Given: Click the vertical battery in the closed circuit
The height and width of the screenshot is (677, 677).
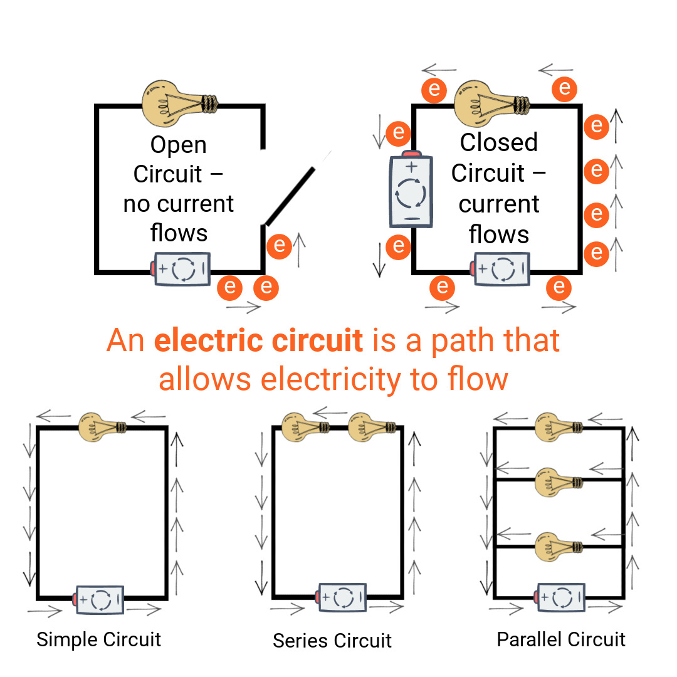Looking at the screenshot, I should [x=411, y=190].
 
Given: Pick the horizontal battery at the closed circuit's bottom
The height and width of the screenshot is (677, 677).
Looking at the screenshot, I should [x=501, y=269].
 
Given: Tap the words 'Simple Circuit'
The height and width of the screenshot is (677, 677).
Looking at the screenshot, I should [x=98, y=639].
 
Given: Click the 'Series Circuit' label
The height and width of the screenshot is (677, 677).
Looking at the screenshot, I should [x=332, y=641].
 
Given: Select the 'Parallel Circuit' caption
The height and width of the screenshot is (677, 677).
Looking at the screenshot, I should [x=561, y=639].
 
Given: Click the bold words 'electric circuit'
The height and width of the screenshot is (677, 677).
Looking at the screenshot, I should [x=258, y=341].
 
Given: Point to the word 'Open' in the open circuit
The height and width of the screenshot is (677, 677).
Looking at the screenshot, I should [x=179, y=145].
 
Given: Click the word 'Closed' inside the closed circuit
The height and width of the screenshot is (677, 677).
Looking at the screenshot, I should [x=498, y=142].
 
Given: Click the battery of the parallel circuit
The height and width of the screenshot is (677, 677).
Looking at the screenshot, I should [x=561, y=597].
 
